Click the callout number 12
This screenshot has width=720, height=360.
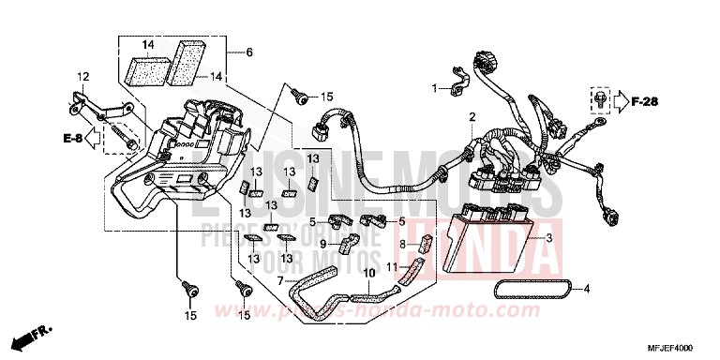point(82,76)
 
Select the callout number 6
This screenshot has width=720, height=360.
point(249,52)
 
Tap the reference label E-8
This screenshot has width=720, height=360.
point(72,140)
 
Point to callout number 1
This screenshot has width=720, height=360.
point(435,88)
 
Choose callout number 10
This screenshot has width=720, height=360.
point(367,274)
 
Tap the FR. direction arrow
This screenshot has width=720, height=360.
point(35,334)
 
